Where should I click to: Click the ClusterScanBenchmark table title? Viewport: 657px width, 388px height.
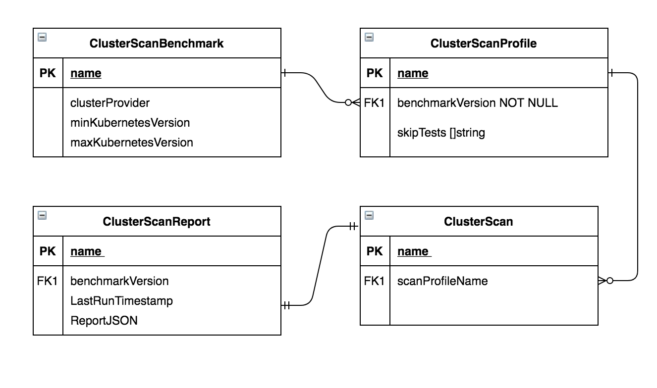point(157,44)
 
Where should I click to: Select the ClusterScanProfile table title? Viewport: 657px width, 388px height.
point(484,44)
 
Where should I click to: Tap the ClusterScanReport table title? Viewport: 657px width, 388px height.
point(157,222)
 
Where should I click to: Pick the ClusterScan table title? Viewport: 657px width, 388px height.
point(478,222)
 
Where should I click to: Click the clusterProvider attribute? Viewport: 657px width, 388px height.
point(110,102)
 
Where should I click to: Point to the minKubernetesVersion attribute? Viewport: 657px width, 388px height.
point(130,122)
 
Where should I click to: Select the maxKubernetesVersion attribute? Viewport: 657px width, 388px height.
point(132,143)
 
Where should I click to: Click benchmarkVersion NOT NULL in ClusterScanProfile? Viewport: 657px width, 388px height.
point(477,102)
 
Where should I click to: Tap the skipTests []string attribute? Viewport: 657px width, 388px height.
point(441,133)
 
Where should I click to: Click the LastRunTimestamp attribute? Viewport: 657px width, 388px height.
point(121,301)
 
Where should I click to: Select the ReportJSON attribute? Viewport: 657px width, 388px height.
point(104,321)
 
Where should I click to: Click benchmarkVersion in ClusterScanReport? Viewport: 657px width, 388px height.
point(119,281)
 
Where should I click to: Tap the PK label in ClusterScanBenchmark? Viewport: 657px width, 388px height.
point(48,73)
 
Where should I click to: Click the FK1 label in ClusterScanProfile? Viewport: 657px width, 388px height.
point(375,102)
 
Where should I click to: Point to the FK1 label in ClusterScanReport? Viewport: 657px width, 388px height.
point(48,281)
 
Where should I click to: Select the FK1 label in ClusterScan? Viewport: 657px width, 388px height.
point(375,281)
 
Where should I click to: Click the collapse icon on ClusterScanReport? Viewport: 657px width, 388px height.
point(42,215)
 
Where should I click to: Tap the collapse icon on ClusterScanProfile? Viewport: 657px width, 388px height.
point(369,37)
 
